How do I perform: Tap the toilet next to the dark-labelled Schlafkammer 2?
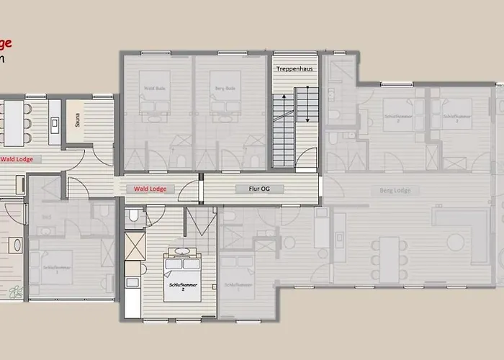tap(134, 215)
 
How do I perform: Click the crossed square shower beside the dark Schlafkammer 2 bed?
tap(135, 245)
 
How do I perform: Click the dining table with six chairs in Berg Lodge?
tap(389, 259)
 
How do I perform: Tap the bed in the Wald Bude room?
tap(155, 97)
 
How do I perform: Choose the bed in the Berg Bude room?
tap(225, 97)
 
